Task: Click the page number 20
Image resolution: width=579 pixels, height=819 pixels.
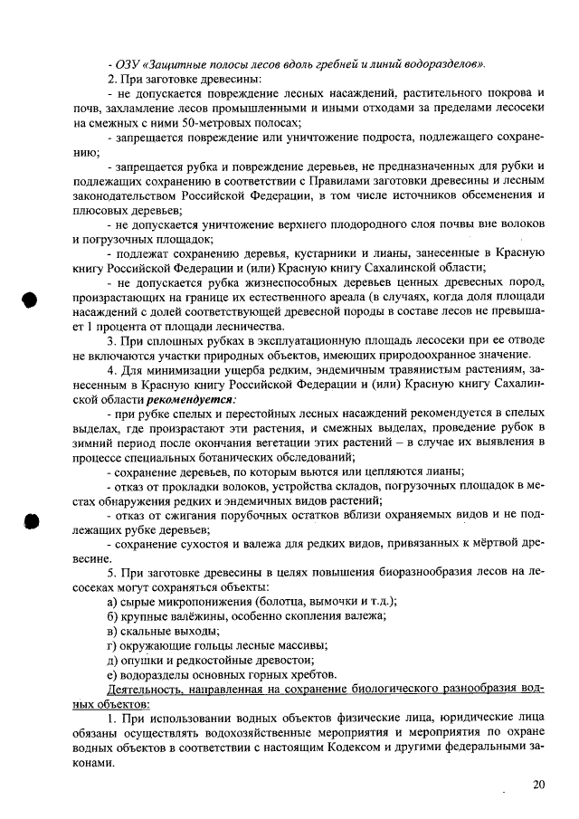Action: click(x=539, y=785)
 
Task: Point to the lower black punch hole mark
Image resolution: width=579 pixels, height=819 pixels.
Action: click(x=30, y=522)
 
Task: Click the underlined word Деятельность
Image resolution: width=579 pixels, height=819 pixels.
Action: click(x=144, y=690)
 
